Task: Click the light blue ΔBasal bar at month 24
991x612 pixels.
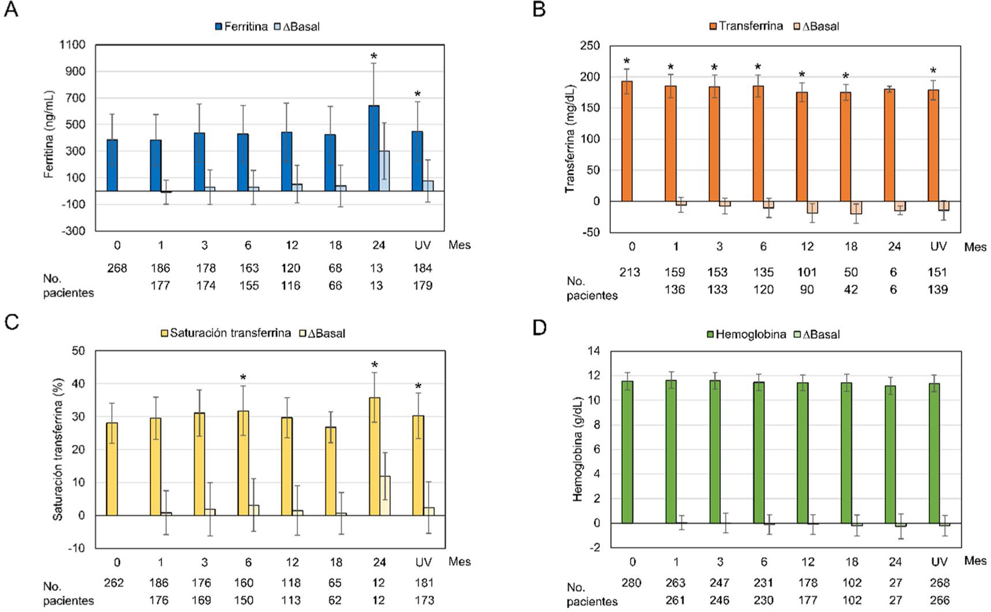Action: point(384,171)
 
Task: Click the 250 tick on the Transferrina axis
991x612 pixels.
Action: point(590,46)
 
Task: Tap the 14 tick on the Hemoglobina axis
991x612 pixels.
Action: point(595,351)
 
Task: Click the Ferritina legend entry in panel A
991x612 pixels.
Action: point(242,27)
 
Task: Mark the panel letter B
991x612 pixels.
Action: point(539,9)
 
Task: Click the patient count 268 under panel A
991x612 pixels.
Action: point(117,268)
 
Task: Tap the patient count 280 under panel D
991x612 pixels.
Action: point(631,583)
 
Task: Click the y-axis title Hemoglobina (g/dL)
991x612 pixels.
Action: point(577,449)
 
